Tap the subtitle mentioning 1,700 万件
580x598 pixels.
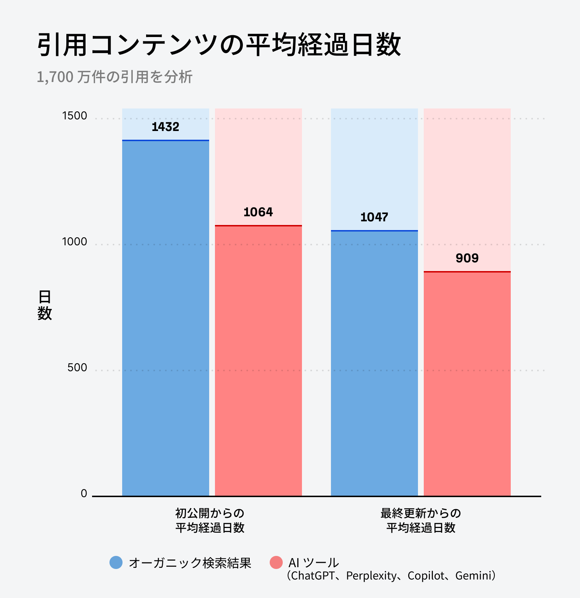pos(115,77)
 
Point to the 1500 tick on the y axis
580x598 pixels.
pos(75,116)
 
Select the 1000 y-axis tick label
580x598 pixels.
pos(75,242)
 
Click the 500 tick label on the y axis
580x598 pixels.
pos(77,368)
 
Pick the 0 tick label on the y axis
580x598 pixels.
pos(84,493)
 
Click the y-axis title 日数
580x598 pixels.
pos(45,305)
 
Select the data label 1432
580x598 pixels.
pos(165,127)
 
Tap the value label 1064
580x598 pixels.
pos(258,212)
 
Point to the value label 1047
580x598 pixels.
pos(374,217)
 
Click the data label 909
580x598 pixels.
pos(467,258)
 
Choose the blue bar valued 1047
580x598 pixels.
pos(374,363)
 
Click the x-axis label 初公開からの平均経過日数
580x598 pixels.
pos(210,520)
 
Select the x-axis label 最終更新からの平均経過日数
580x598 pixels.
pos(420,520)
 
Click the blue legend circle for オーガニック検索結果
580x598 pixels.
pos(116,562)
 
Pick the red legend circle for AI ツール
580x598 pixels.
pos(276,562)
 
